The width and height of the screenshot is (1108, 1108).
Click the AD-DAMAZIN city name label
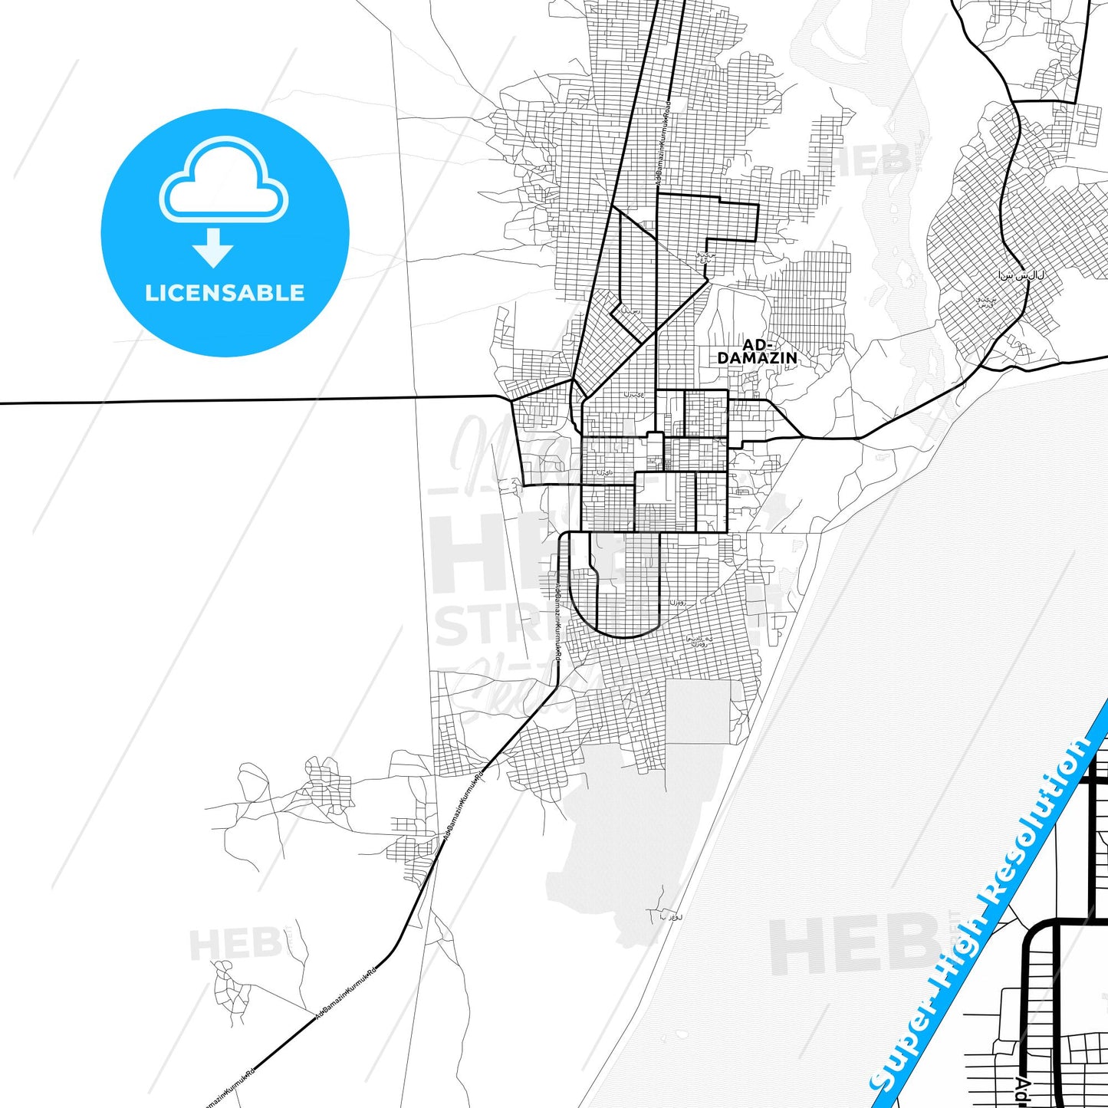pos(757,352)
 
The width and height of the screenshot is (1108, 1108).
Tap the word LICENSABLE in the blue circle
pos(225,293)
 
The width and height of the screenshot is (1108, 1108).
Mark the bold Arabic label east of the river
pos(1021,275)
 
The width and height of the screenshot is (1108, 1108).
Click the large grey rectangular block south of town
pos(698,712)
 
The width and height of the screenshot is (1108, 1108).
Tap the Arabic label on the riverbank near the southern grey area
pos(670,916)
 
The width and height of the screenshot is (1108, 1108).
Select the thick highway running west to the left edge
pos(230,400)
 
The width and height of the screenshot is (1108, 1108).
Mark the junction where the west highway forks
pos(510,399)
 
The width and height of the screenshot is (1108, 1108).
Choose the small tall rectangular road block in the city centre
pos(654,451)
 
